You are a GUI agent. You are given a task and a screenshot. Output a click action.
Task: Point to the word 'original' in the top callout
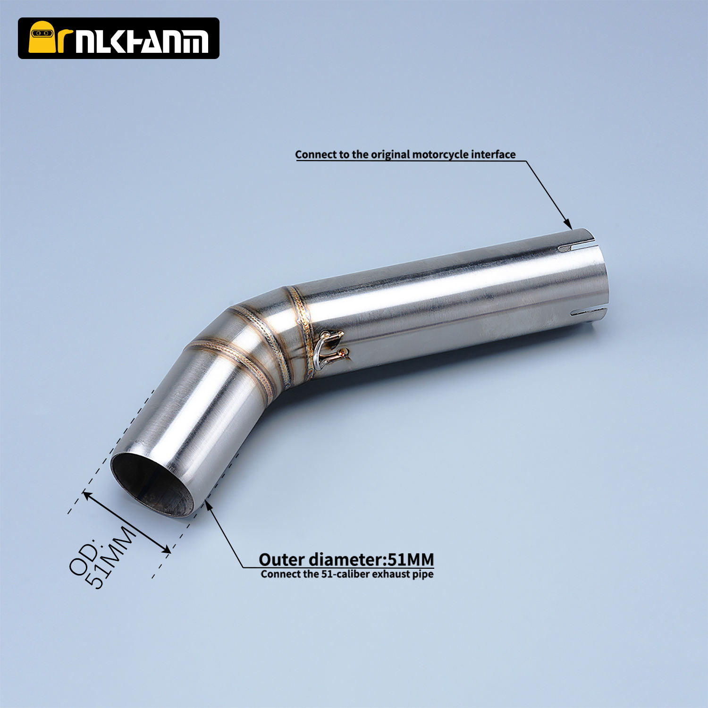(390, 155)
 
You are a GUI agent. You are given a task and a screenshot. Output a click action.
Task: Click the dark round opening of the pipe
(152, 485)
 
